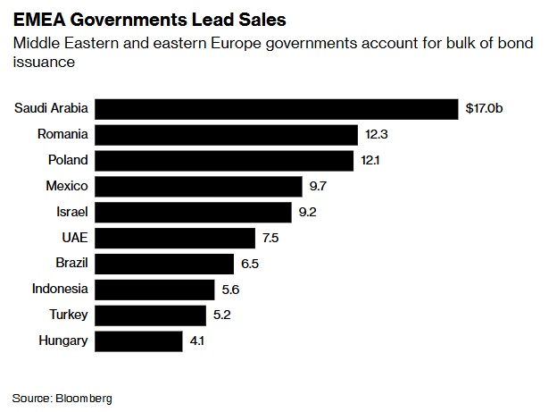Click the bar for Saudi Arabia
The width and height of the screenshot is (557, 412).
click(x=276, y=109)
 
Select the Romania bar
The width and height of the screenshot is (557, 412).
click(x=226, y=135)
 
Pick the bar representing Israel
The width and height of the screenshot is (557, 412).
click(x=193, y=212)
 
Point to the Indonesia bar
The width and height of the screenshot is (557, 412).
click(x=154, y=289)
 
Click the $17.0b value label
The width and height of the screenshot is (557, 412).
click(x=490, y=109)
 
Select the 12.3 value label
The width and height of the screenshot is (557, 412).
click(x=377, y=135)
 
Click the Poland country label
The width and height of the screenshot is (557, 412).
click(x=68, y=161)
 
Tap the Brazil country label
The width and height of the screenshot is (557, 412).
click(x=70, y=263)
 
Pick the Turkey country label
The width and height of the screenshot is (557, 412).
click(x=69, y=315)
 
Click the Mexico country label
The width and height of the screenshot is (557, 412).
click(x=67, y=186)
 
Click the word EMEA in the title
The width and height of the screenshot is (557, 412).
click(x=37, y=17)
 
